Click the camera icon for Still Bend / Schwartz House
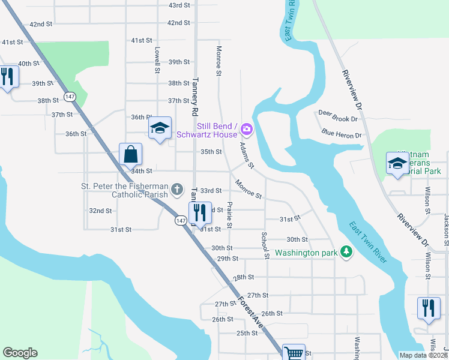[x=246, y=129]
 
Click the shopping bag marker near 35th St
[x=130, y=155]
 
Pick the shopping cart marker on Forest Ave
[x=294, y=353]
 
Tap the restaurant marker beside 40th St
[x=7, y=77]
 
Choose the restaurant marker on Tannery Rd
[x=199, y=212]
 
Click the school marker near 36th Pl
[x=160, y=128]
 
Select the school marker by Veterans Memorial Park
[x=397, y=163]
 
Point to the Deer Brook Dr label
[x=338, y=119]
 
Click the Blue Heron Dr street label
[x=342, y=134]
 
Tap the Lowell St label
[x=157, y=60]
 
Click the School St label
[x=264, y=245]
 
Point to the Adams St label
[x=246, y=155]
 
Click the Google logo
[x=20, y=353]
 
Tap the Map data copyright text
[x=423, y=355]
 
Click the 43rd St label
[x=179, y=5]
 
